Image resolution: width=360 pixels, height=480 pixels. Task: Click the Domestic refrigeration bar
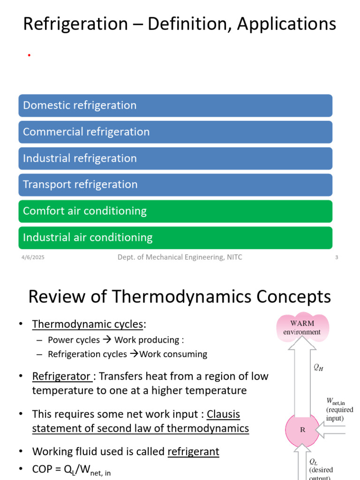(x=175, y=105)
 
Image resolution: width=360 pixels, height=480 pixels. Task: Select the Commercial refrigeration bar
(x=175, y=132)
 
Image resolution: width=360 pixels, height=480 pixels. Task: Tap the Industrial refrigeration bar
(x=175, y=158)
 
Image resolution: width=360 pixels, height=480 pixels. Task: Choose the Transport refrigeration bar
(x=175, y=185)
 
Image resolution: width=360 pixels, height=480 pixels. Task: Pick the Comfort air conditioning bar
(x=175, y=211)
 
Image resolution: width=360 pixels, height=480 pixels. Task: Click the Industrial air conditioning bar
(x=175, y=238)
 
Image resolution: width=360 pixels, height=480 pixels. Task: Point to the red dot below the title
(x=29, y=55)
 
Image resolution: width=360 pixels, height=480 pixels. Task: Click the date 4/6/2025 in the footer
(x=33, y=257)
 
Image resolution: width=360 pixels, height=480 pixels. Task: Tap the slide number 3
(x=337, y=257)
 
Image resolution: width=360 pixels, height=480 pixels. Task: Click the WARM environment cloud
(x=302, y=327)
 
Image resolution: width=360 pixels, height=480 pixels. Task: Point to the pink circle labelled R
(x=302, y=429)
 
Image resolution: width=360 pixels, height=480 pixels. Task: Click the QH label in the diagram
(x=318, y=368)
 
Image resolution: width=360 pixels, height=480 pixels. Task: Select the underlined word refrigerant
(x=193, y=452)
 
